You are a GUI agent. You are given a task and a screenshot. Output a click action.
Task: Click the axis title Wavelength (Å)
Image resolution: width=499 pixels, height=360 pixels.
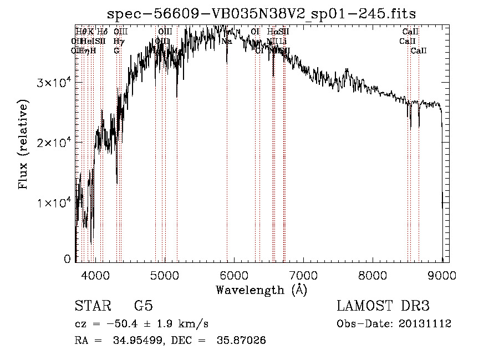pyautogui.click(x=261, y=290)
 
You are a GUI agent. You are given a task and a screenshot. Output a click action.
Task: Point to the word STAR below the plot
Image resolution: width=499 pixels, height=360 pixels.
pyautogui.click(x=92, y=306)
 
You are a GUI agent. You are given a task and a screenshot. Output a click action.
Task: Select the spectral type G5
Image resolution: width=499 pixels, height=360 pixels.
pyautogui.click(x=143, y=306)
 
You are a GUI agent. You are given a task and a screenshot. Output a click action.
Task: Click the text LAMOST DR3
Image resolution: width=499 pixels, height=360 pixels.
pyautogui.click(x=383, y=306)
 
